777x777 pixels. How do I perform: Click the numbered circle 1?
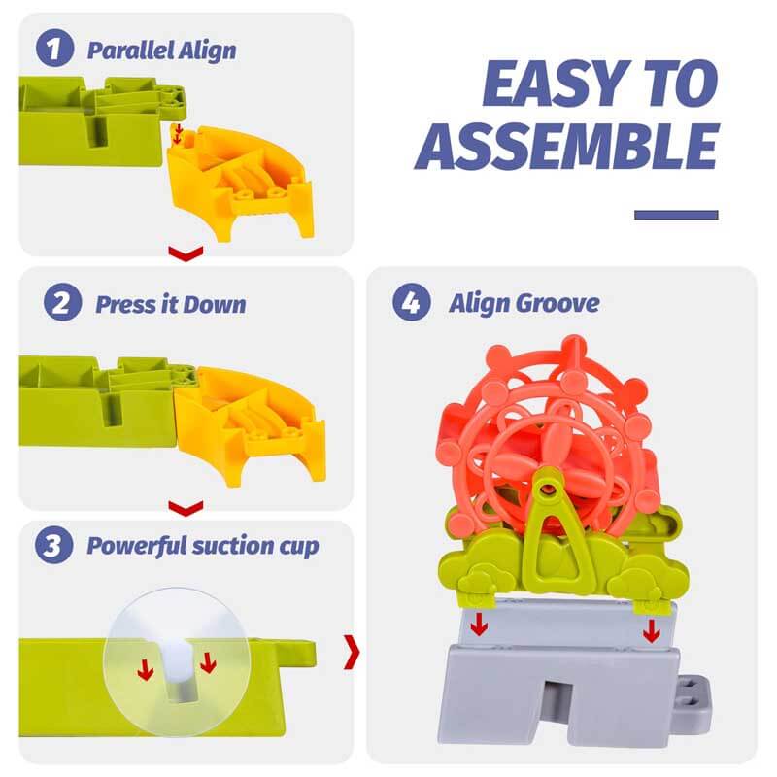[55, 48]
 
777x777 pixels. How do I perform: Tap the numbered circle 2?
[62, 302]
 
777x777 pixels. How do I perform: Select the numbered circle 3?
[54, 545]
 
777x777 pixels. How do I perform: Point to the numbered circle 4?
[411, 302]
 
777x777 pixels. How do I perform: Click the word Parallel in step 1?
[130, 51]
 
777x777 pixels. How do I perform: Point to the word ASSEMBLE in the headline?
[567, 147]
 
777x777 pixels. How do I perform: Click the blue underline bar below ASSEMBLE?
[676, 215]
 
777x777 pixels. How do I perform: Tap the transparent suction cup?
[176, 661]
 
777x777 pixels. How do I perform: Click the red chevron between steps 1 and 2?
[186, 253]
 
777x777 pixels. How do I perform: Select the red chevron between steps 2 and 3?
[186, 507]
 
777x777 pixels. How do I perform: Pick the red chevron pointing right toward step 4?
[352, 652]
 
